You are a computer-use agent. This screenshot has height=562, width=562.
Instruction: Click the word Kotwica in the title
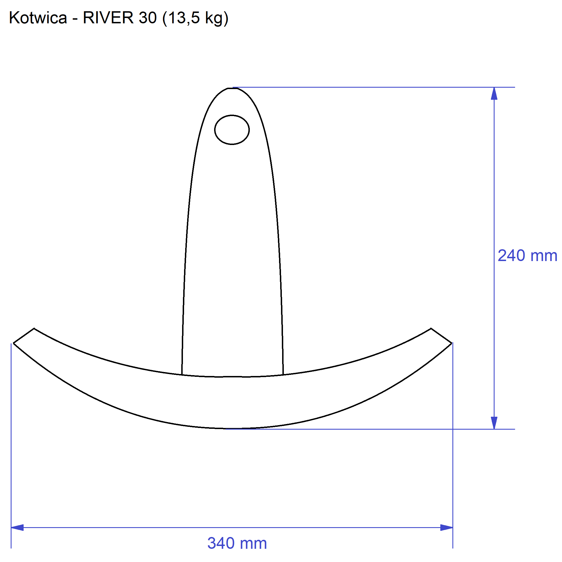tap(38, 18)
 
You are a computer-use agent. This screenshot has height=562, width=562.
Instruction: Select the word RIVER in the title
tap(108, 18)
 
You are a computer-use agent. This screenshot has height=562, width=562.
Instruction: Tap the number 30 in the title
tap(148, 18)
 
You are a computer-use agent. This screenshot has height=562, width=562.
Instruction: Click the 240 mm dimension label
tap(527, 256)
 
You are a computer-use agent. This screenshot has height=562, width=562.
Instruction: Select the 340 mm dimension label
tap(237, 543)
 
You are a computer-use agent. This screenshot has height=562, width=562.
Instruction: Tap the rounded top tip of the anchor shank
tap(232, 88)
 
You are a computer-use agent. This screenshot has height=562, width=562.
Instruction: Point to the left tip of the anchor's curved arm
tap(14, 343)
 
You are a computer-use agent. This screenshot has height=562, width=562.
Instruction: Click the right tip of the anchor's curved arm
tap(452, 343)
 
